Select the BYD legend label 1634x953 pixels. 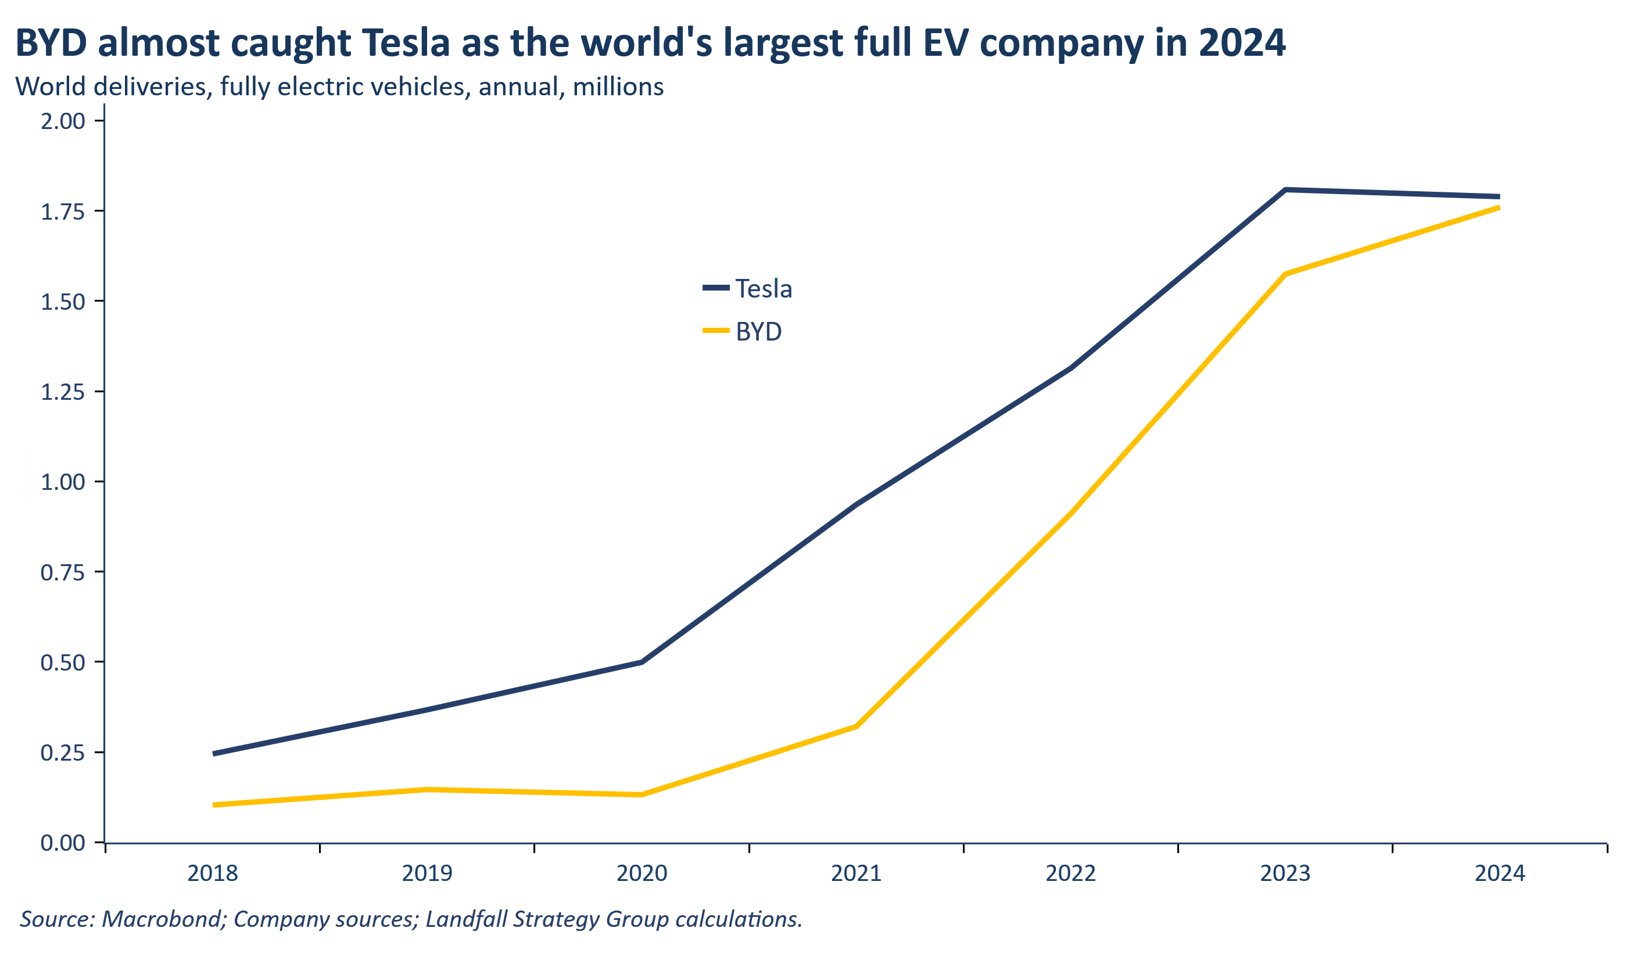coord(759,332)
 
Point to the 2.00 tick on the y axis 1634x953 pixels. coord(63,121)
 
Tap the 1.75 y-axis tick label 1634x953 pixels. coord(63,212)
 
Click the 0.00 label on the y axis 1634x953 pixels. coord(63,843)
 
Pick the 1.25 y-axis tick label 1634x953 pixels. coord(63,392)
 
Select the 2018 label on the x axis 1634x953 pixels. coord(213,874)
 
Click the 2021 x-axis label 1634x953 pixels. coord(857,874)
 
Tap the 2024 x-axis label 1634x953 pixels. coord(1500,874)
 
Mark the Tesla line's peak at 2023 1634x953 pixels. coord(1285,190)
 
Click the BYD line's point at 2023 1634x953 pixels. coord(1285,274)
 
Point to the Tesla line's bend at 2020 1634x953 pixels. coord(642,662)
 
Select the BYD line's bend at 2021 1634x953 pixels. coord(857,727)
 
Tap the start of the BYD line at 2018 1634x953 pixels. coord(214,805)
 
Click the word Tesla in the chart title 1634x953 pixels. coord(405,43)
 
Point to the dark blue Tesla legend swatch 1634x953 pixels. coord(716,287)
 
